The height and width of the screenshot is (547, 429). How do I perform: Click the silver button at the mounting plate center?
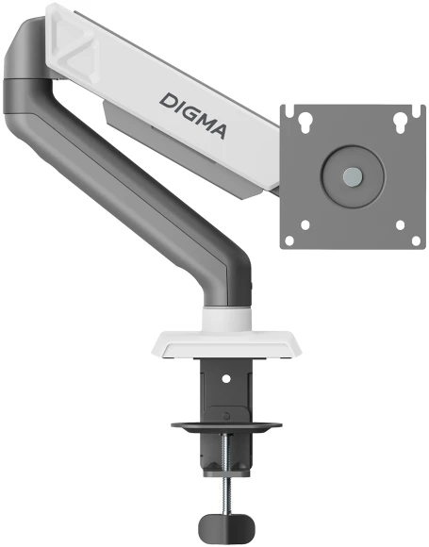point(352,175)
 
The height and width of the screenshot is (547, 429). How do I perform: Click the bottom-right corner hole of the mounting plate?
point(401,225)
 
